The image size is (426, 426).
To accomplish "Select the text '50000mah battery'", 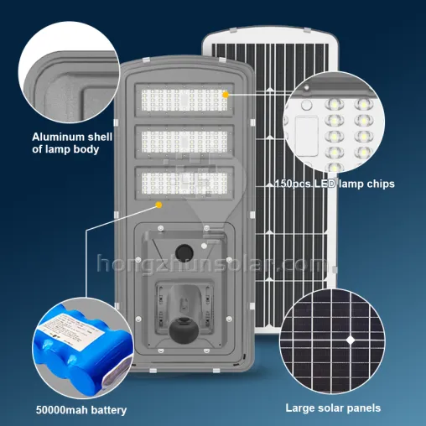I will coord(81,410).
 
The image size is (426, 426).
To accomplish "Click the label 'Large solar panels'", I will coord(334,408).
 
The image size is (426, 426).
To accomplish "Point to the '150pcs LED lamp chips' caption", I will coord(334,184).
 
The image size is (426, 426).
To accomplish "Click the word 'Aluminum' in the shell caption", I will coord(59,137).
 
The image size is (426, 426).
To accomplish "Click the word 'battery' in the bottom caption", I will coord(107,410).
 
